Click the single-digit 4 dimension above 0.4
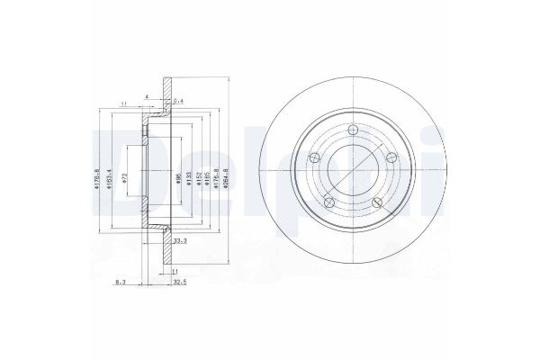point(147,95)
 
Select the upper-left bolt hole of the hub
point(314,158)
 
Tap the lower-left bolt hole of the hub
point(328,202)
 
